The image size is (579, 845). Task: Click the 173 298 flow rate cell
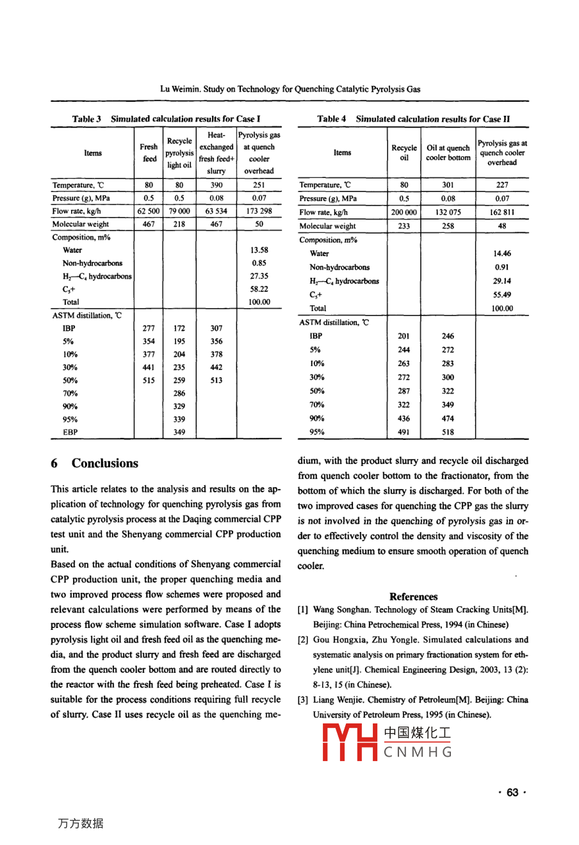tap(259, 211)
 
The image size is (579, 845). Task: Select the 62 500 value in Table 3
tap(149, 211)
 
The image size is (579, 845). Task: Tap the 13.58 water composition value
tap(259, 250)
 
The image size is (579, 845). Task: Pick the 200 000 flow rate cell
tap(404, 212)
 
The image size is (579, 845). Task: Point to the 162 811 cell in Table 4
tap(502, 212)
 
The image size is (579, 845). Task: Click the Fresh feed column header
tap(149, 153)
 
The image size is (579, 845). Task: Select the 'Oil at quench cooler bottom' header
tap(448, 152)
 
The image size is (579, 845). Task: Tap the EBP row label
tap(70, 432)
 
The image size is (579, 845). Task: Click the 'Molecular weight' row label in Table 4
tap(327, 226)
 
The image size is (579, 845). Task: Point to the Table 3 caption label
tap(86, 119)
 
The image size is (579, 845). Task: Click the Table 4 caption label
tap(332, 119)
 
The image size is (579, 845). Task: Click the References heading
tap(413, 596)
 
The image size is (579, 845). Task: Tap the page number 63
tap(512, 793)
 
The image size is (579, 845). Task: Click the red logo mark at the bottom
tap(350, 743)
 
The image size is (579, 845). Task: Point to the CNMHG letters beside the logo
tap(418, 752)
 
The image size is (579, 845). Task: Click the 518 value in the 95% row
tap(448, 432)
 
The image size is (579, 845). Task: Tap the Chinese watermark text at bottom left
tap(81, 823)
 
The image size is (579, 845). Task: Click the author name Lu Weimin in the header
tap(179, 89)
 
